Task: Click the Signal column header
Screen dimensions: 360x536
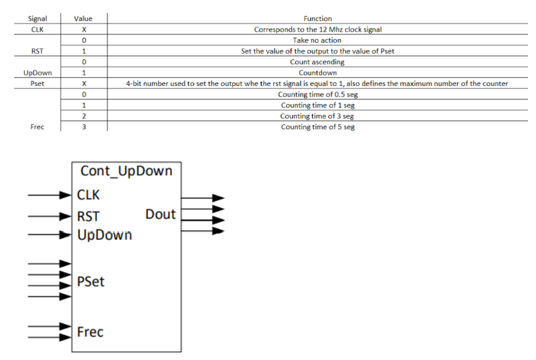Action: pos(38,19)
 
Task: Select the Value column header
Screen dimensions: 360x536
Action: pos(83,19)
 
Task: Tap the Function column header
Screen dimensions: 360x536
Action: pos(318,19)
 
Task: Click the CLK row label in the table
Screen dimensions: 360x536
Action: pos(38,29)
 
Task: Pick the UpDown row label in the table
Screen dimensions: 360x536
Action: pos(38,73)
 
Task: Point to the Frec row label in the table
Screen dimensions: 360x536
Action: pos(38,127)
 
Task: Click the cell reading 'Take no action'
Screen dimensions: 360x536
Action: pos(317,40)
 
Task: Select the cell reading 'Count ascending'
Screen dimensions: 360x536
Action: pos(317,62)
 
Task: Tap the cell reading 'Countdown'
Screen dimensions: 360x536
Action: pos(317,73)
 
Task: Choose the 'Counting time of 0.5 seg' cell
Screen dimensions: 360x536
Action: pos(317,95)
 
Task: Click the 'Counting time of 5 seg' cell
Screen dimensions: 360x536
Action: pos(317,127)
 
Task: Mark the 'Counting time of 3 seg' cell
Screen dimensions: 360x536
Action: pos(317,116)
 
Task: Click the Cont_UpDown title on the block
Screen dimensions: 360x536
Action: pos(126,171)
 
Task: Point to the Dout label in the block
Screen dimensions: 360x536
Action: pos(161,215)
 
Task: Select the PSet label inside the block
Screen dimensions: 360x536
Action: pos(91,282)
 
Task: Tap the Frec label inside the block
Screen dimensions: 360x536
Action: pos(90,332)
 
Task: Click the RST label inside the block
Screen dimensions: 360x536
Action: pos(89,216)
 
